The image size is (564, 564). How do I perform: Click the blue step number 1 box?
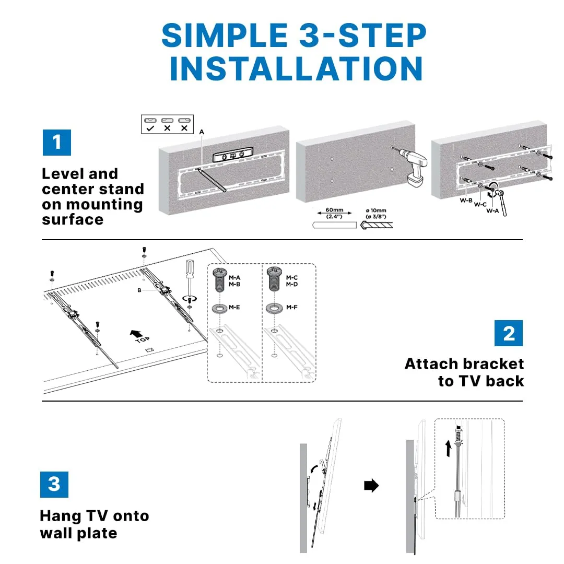pyautogui.click(x=56, y=142)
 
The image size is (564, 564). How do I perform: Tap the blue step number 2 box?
pyautogui.click(x=508, y=333)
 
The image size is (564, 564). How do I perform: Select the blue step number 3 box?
pyautogui.click(x=54, y=484)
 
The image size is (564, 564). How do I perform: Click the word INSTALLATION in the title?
pyautogui.click(x=296, y=68)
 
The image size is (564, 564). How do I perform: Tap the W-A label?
pyautogui.click(x=492, y=210)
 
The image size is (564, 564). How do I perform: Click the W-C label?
pyautogui.click(x=480, y=204)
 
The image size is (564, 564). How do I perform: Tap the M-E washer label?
pyautogui.click(x=234, y=308)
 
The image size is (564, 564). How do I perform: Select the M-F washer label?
pyautogui.click(x=291, y=308)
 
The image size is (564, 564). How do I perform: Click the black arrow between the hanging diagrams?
pyautogui.click(x=371, y=486)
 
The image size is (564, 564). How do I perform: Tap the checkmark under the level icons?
pyautogui.click(x=150, y=128)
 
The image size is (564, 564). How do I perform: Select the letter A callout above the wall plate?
pyautogui.click(x=202, y=132)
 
